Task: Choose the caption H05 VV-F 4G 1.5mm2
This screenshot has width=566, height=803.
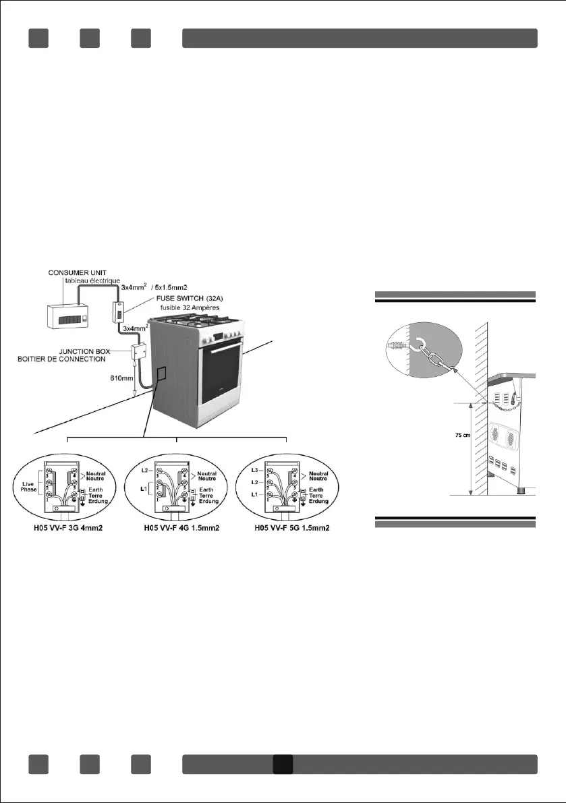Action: [177, 527]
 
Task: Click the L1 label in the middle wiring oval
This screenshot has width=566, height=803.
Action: [144, 487]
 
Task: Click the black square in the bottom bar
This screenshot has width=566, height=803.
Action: [282, 764]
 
